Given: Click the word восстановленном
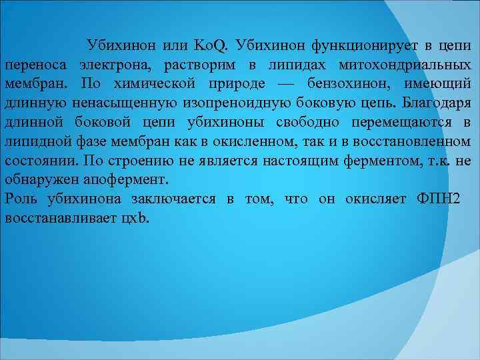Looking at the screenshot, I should coord(407,142).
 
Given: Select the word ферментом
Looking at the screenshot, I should coord(373,161).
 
